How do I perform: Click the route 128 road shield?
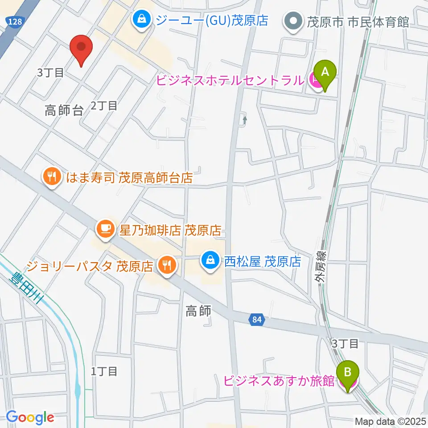point(13,21)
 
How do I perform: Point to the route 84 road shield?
point(256,320)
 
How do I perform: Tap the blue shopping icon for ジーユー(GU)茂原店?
point(141,20)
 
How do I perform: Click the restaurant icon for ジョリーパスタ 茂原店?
point(167,266)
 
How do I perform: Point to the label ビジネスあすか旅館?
point(279,381)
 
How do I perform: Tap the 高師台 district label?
point(64,111)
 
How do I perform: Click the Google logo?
point(30,417)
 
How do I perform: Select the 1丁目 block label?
point(104,371)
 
